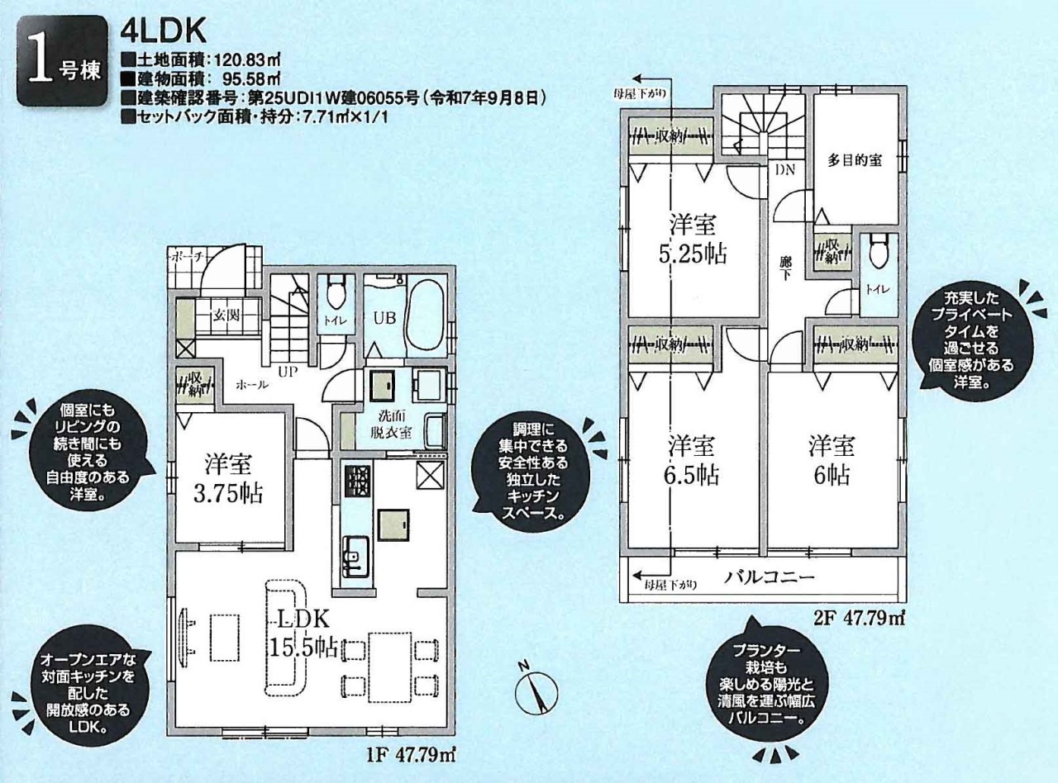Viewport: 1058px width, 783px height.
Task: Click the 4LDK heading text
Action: (x=162, y=31)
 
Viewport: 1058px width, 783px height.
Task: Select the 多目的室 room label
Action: (x=855, y=161)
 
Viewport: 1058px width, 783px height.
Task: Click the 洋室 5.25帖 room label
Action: (x=693, y=239)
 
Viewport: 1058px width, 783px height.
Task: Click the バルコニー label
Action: (x=770, y=577)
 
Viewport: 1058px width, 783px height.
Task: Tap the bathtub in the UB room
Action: (x=427, y=315)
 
